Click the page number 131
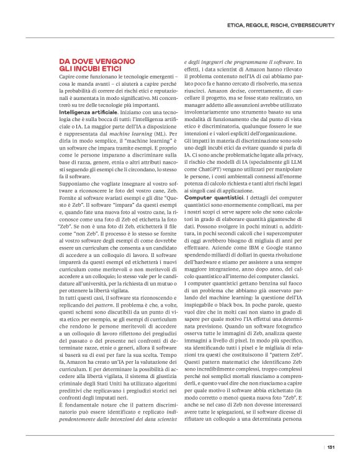(x=331, y=446)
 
